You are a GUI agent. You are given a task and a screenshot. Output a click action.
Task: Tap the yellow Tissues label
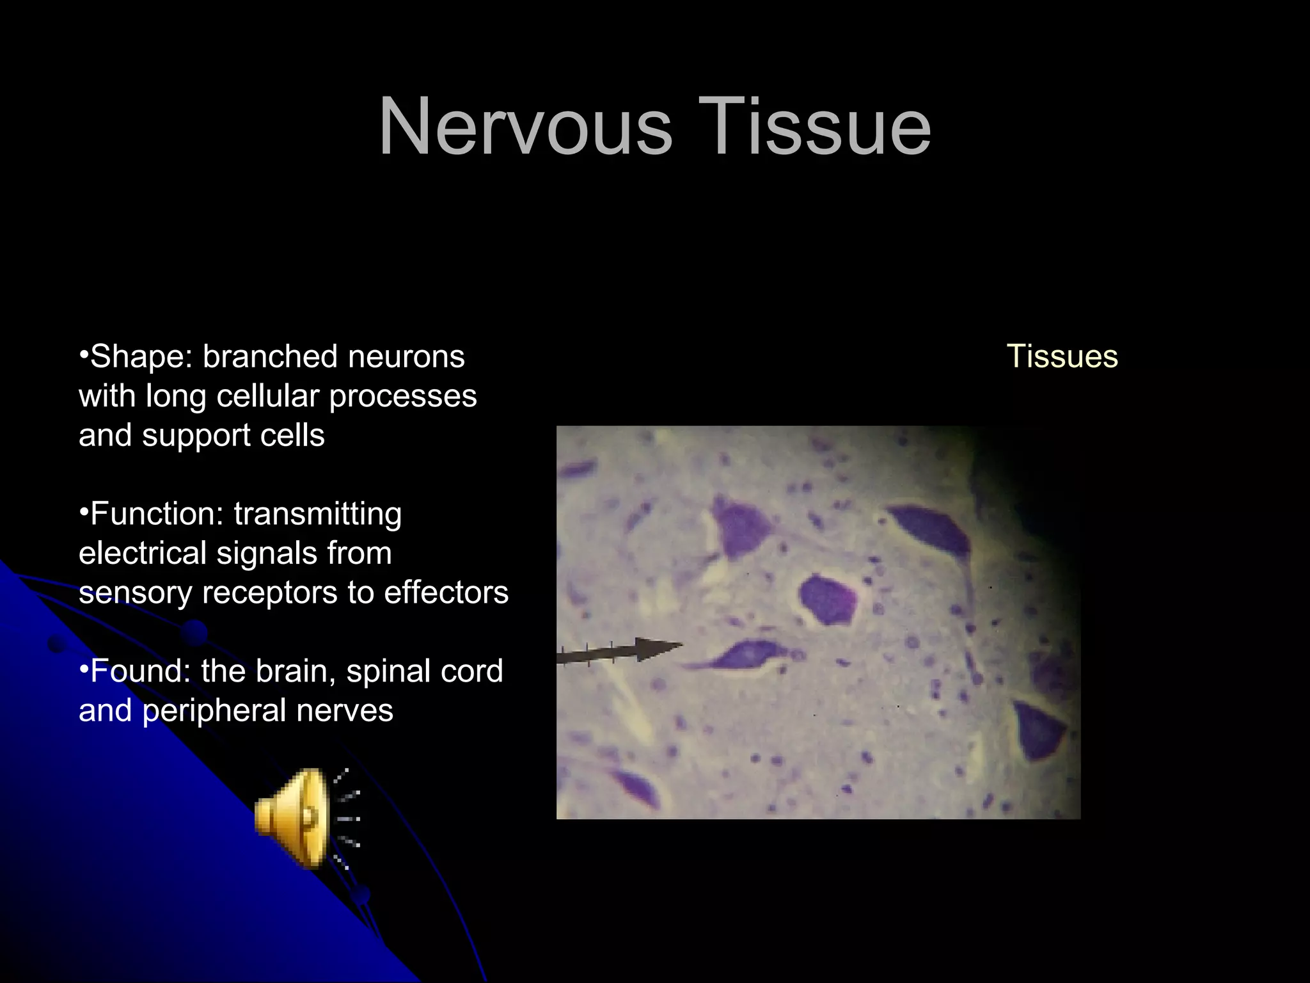(x=1062, y=356)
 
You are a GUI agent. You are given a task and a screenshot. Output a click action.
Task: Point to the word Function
(x=157, y=514)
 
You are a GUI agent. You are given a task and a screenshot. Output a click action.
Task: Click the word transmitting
(x=318, y=514)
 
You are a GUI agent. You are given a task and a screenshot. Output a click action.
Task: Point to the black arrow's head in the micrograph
(x=659, y=648)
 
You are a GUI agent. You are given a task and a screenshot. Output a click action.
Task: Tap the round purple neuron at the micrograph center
(x=828, y=600)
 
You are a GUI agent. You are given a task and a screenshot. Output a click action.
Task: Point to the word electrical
(x=141, y=554)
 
